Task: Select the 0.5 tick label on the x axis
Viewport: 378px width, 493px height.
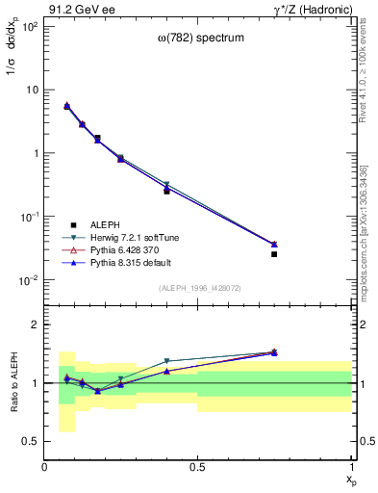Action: (x=198, y=467)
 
